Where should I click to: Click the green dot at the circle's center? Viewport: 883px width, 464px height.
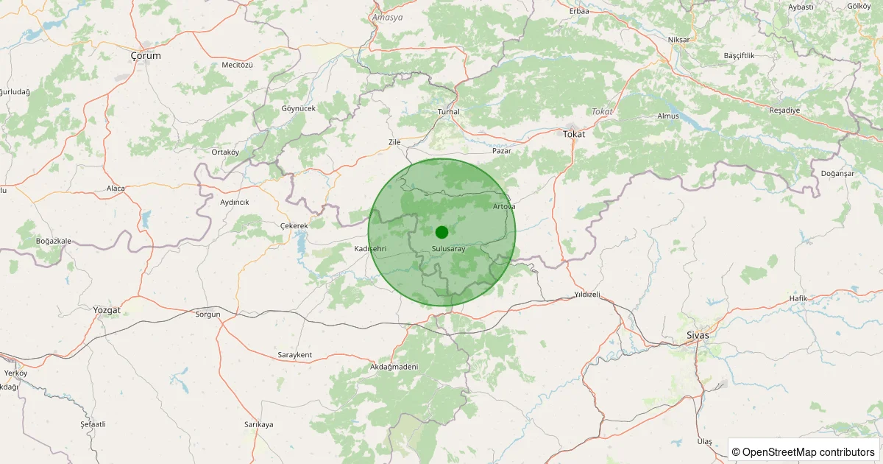click(x=441, y=232)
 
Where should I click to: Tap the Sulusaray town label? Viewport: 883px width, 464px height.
click(x=449, y=249)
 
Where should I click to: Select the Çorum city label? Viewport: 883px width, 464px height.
click(x=145, y=55)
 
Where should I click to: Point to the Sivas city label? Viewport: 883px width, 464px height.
click(x=697, y=335)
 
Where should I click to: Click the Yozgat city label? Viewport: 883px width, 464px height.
click(x=107, y=310)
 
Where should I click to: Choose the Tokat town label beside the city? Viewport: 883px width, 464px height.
click(x=574, y=133)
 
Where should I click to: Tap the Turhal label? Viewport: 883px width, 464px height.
click(x=448, y=112)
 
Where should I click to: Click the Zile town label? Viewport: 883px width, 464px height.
click(x=394, y=141)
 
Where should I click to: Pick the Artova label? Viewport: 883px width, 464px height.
click(x=504, y=206)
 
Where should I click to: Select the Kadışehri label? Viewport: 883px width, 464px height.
click(x=370, y=249)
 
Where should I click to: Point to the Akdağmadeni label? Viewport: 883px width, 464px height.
click(x=394, y=366)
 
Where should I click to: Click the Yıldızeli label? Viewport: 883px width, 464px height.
click(x=587, y=295)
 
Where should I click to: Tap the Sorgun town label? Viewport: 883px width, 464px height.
click(x=208, y=314)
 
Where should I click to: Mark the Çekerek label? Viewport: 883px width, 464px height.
click(x=294, y=225)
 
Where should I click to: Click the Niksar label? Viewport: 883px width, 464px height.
click(x=678, y=39)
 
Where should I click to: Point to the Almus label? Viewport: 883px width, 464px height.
click(x=667, y=116)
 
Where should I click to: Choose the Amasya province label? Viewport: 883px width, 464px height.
click(x=388, y=17)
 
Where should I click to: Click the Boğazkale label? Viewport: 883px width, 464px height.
click(x=54, y=241)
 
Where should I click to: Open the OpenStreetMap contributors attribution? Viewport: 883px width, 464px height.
click(x=804, y=451)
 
